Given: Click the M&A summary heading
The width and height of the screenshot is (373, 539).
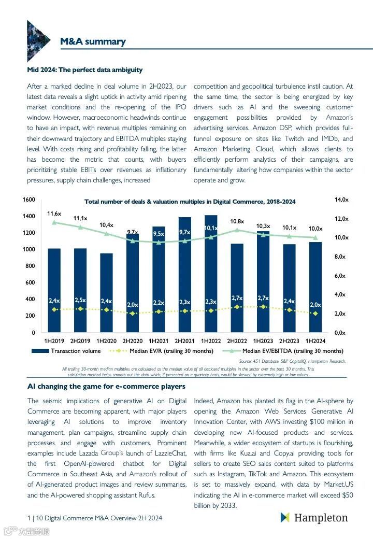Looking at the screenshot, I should coord(93,41).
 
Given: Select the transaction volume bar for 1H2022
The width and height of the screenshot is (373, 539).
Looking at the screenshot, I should coord(211,275).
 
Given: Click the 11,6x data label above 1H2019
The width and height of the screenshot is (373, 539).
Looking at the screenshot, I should coord(54,214).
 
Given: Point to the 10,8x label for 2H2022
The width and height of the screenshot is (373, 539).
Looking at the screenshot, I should coord(237,221).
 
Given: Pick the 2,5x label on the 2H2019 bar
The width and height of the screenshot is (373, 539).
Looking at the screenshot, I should coord(80,300).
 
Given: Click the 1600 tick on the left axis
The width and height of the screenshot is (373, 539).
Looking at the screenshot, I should coord(28,200).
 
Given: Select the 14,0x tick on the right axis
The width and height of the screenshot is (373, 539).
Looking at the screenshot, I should coord(341,200).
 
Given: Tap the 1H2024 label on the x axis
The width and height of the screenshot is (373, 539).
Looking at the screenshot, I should coord(315,341).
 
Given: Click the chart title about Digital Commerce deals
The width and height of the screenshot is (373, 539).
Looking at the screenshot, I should coord(190,202).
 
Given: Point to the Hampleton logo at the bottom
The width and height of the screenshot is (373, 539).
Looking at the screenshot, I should coord(314,517).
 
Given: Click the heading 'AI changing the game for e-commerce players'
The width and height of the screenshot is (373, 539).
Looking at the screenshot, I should coord(106,386).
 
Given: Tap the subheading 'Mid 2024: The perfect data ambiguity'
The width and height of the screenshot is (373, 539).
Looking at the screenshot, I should coord(84,70).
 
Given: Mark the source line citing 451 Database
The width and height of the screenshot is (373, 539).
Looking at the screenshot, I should coord(292,361).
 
